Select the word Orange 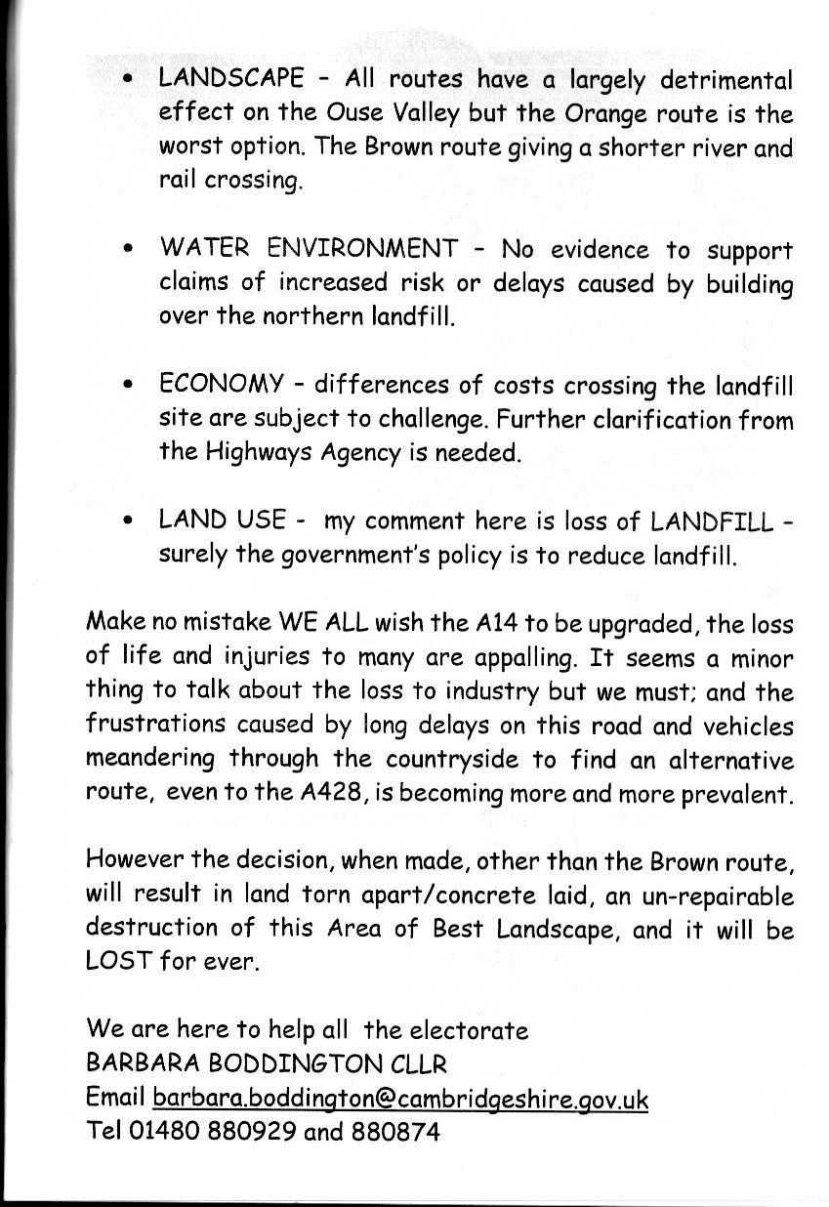[x=604, y=114]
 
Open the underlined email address [x=400, y=1099]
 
